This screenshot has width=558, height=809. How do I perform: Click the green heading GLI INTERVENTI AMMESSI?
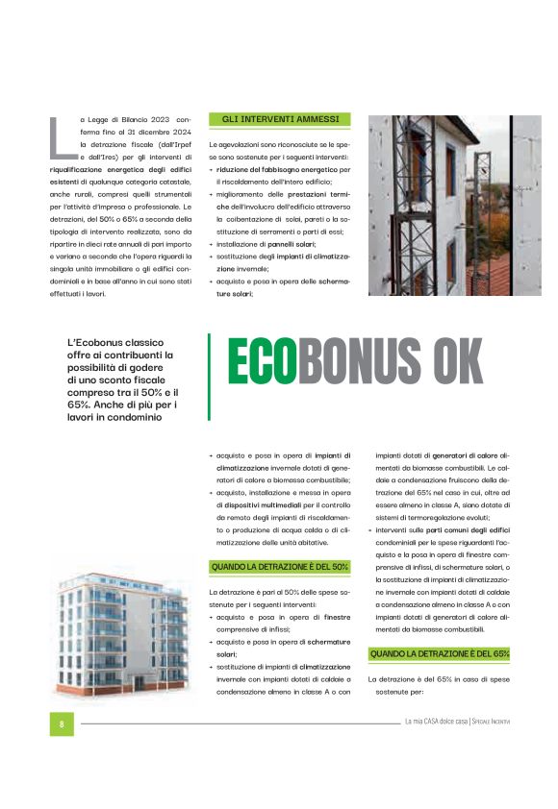click(280, 119)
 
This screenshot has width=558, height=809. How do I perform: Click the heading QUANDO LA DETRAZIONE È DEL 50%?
click(279, 567)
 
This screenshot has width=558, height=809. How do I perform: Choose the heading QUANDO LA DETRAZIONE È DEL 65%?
click(439, 653)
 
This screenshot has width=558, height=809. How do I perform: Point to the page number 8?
click(62, 723)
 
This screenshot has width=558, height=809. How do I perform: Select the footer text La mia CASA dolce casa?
click(436, 723)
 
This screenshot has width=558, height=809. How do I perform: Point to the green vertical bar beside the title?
click(209, 377)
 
